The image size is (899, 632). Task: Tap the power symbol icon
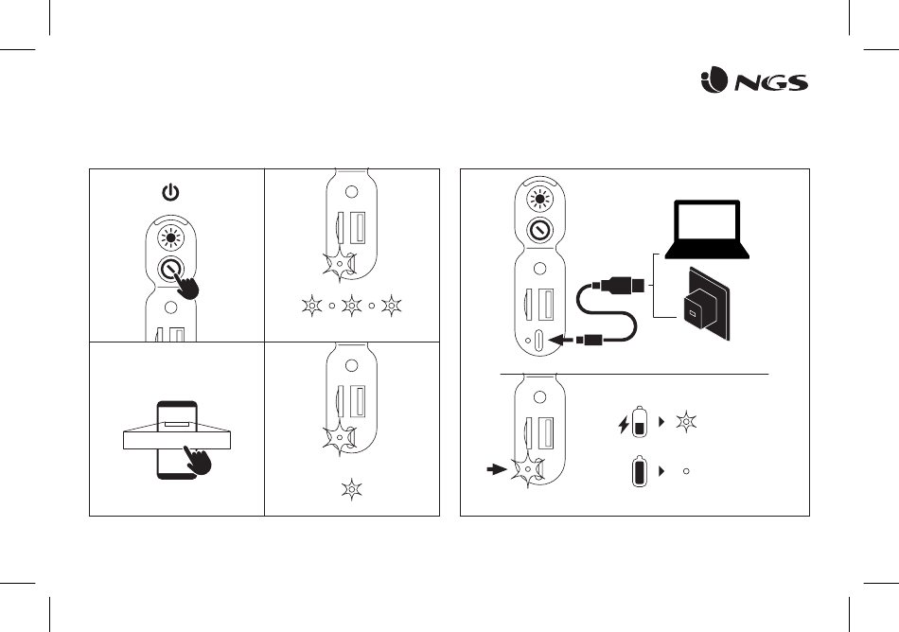tap(170, 192)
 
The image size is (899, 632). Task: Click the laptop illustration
tap(707, 229)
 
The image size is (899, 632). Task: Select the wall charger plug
tap(705, 305)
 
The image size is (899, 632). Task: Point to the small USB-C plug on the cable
tap(590, 341)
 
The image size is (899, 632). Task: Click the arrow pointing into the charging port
tap(562, 341)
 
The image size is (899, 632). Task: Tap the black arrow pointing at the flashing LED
tap(497, 469)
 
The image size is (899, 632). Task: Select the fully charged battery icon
tap(640, 471)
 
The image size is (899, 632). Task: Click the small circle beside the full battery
tap(686, 471)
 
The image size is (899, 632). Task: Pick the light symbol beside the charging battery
tap(686, 422)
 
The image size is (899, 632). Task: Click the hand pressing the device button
tap(187, 283)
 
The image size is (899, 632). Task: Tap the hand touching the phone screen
tap(198, 460)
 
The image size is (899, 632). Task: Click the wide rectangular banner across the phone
tap(177, 440)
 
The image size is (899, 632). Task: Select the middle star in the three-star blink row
tap(351, 306)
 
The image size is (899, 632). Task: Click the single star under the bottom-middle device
tap(351, 489)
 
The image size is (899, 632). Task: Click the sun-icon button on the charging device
tap(539, 199)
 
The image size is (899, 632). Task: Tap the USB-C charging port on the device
tap(539, 341)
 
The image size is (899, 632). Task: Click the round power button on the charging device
tap(539, 231)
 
